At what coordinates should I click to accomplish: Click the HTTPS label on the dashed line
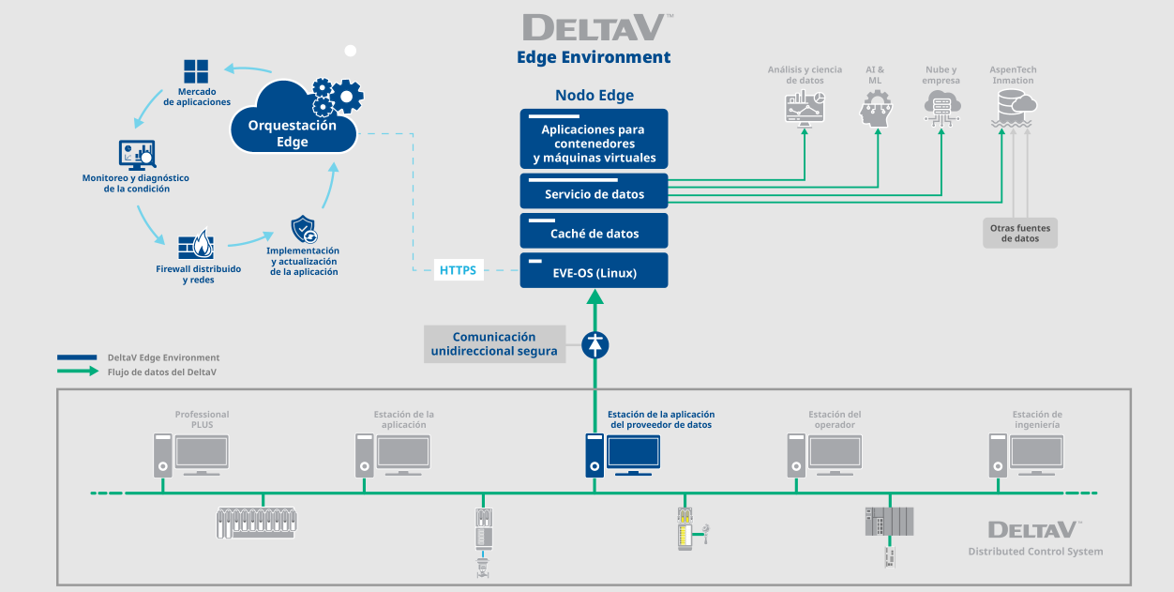click(x=458, y=271)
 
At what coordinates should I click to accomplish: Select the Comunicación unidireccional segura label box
click(x=494, y=344)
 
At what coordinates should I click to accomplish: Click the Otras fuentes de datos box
click(x=1020, y=233)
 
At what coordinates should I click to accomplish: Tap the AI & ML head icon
click(x=875, y=111)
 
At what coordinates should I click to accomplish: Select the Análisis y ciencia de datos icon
click(x=805, y=110)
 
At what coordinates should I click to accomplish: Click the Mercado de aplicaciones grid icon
click(x=196, y=71)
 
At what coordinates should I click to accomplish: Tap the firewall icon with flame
click(x=197, y=246)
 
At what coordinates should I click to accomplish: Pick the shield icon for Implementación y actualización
click(x=304, y=229)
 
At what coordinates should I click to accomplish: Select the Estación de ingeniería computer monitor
click(x=1037, y=453)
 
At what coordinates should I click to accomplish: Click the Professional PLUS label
click(x=202, y=419)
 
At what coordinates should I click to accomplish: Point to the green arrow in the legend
click(x=78, y=372)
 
